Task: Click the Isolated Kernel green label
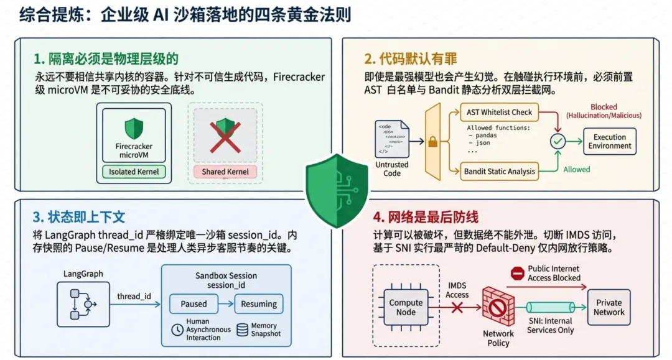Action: [x=134, y=172]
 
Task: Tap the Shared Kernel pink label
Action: [x=225, y=172]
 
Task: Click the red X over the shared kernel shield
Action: [x=225, y=137]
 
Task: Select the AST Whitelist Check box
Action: [x=499, y=112]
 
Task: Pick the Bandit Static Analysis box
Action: [x=499, y=171]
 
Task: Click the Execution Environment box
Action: [x=609, y=141]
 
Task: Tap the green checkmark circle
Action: [x=558, y=141]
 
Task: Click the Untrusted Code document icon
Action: [x=392, y=139]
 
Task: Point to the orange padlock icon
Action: [x=433, y=142]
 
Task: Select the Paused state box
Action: [x=194, y=304]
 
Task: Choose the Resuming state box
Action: [x=258, y=304]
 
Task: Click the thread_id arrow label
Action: [x=134, y=296]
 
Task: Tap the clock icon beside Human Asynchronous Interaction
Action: [x=177, y=330]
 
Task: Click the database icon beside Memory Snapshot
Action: [x=243, y=330]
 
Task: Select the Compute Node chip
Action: [x=406, y=307]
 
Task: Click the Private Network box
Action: [x=609, y=307]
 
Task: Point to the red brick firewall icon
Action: [x=498, y=307]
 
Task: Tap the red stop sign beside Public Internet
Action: [x=518, y=273]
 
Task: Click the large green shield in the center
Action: [x=337, y=190]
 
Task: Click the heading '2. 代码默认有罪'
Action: [x=411, y=58]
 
